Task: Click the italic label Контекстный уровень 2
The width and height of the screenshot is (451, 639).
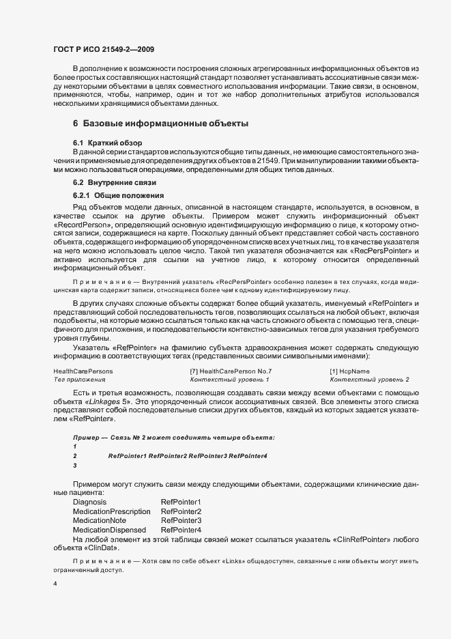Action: [x=369, y=379]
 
